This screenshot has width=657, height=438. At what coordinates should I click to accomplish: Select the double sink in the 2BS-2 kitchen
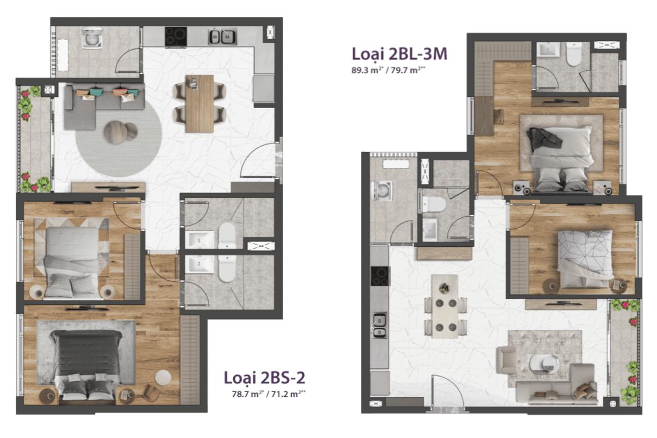coord(222,37)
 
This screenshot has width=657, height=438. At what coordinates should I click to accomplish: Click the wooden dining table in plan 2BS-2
coord(199,103)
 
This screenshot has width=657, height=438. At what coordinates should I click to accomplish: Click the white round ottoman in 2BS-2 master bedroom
coord(163,378)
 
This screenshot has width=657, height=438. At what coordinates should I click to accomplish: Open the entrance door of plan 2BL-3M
coord(448,393)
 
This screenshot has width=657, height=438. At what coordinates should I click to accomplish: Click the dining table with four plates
coord(444,306)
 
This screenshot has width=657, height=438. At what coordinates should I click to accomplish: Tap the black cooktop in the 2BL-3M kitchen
coord(379,275)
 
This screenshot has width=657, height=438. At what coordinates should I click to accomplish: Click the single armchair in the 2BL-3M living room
coord(506,359)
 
